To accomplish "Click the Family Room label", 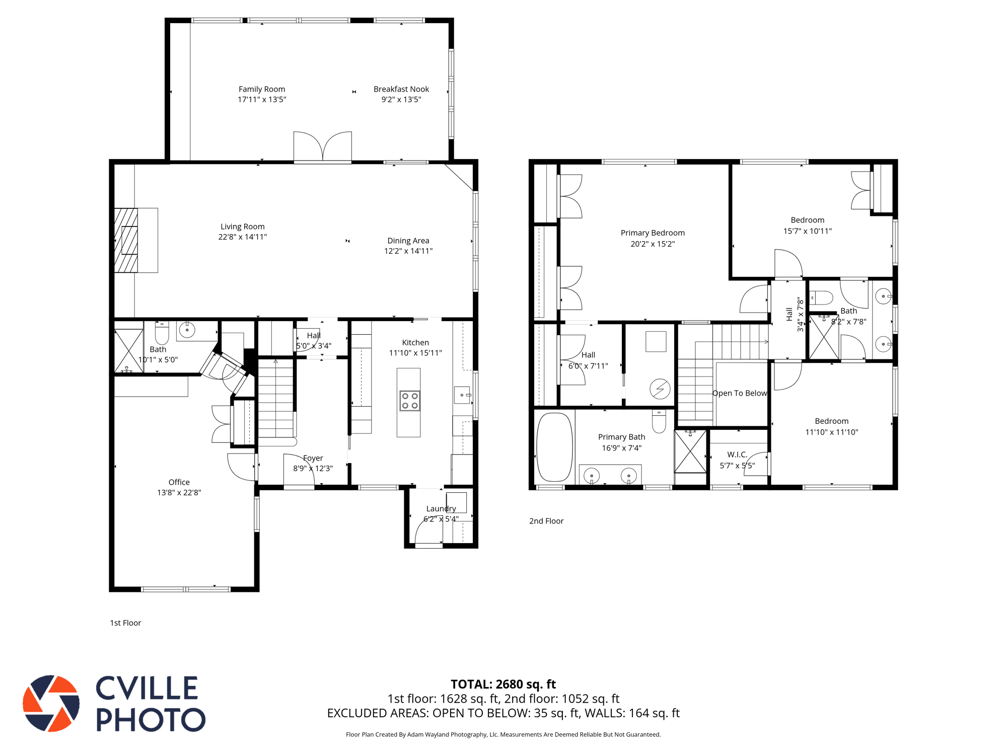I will coord(261,89).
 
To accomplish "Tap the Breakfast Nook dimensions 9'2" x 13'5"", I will coord(401,100).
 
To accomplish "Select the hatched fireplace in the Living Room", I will coord(126,240).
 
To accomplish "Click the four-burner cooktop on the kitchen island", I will coord(409,401).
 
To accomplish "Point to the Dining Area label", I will coord(408,241).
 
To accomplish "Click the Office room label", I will coord(179,482).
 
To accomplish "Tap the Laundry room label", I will coord(441,508).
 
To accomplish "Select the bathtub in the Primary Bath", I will coord(554,447).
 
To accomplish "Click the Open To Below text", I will coord(739,393).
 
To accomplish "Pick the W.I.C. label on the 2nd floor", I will coord(737,455).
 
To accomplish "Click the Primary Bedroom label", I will coord(652,233).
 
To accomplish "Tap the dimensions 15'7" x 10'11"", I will coord(807,231).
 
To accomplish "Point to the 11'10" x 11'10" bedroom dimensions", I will coord(831,432).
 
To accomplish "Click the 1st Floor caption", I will coord(125,623).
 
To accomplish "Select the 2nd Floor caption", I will coord(546,521).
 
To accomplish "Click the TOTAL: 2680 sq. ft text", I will coord(503,684).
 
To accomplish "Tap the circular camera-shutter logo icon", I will coord(51,703).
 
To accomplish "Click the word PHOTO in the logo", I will coord(151,719).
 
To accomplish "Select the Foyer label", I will coord(313,458).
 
